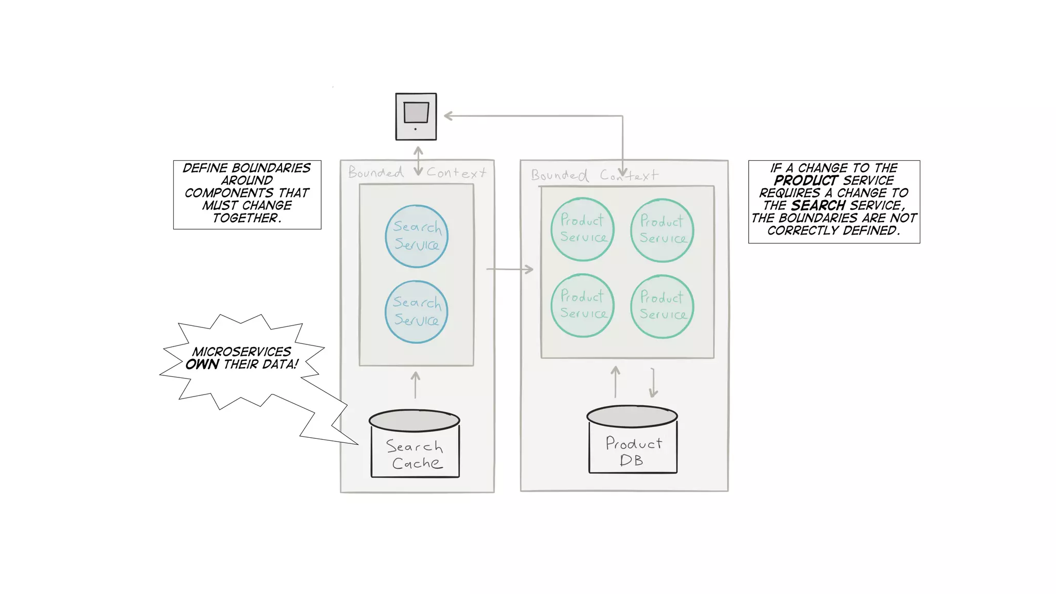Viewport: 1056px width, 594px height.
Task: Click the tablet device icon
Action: (416, 117)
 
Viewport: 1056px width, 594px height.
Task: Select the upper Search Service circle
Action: (417, 236)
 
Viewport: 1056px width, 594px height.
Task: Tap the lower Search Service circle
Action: (417, 312)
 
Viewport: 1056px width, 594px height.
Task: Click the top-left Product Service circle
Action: (583, 229)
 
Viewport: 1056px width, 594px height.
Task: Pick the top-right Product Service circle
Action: (662, 230)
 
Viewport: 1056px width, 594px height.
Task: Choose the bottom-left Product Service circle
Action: (583, 306)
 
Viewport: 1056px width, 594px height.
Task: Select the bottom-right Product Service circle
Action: (662, 307)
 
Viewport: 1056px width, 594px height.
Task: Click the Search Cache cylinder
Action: (415, 444)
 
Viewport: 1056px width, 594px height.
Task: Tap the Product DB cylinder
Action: (633, 440)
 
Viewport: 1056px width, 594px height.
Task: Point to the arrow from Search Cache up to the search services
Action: (416, 385)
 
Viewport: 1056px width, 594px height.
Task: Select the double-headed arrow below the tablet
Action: (418, 161)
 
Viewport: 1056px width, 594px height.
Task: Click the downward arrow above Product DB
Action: (653, 383)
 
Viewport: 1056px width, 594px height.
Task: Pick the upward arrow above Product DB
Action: (616, 382)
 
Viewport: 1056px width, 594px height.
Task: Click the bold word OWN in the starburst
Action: (203, 365)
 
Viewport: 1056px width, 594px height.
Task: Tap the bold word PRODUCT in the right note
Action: (805, 180)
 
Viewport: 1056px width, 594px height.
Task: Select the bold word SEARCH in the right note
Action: (818, 206)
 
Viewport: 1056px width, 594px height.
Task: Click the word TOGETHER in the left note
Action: (246, 218)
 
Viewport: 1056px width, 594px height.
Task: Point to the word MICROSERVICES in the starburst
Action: (242, 352)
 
